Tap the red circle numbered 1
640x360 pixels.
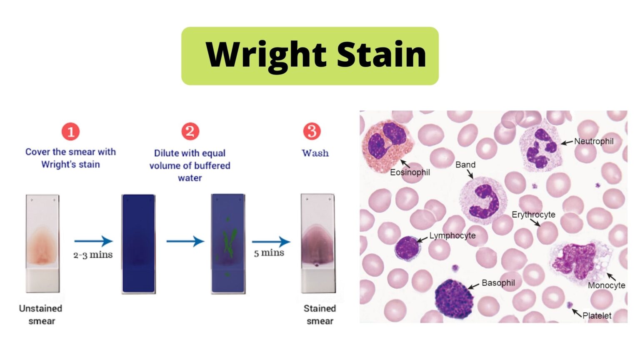[70, 132]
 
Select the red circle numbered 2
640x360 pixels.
[190, 131]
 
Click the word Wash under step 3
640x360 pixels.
[315, 153]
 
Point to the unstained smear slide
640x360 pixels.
[42, 243]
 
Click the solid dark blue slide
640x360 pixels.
[139, 244]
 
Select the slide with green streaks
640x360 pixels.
[228, 244]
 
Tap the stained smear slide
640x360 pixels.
[317, 243]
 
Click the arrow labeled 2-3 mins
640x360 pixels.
[93, 241]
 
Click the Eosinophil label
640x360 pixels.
[410, 172]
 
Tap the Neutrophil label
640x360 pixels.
[594, 141]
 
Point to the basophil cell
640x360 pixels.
[454, 298]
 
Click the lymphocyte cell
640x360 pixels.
[407, 248]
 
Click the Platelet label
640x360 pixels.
[597, 315]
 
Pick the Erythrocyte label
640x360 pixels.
[533, 215]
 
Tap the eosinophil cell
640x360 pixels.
[387, 146]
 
